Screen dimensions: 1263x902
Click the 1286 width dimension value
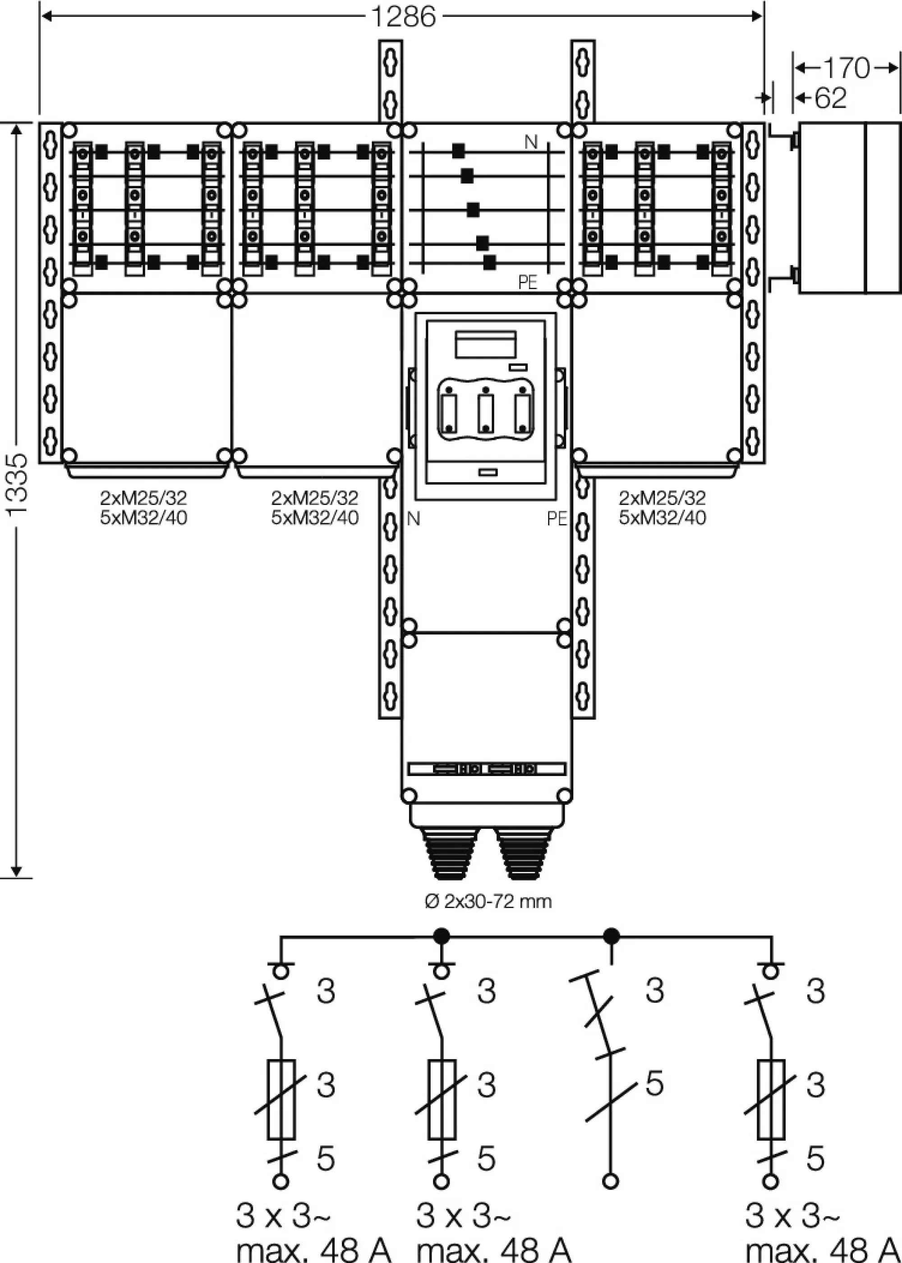pos(403,17)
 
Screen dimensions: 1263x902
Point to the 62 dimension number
pos(830,98)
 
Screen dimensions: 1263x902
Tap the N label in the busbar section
pos(531,142)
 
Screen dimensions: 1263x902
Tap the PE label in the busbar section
pos(528,283)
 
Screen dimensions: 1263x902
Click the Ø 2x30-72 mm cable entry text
pos(488,901)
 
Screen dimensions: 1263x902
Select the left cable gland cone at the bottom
pos(450,854)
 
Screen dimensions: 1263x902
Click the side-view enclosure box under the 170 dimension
pos(849,208)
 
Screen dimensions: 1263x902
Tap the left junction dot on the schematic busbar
pos(442,937)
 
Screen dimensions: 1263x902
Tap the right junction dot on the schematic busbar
pos(611,937)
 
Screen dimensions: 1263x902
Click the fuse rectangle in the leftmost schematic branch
pos(281,1100)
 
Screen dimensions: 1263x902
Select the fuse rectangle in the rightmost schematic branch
pos(771,1100)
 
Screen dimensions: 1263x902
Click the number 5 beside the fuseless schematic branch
pos(654,1083)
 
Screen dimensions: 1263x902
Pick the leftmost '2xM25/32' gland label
pos(143,497)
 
